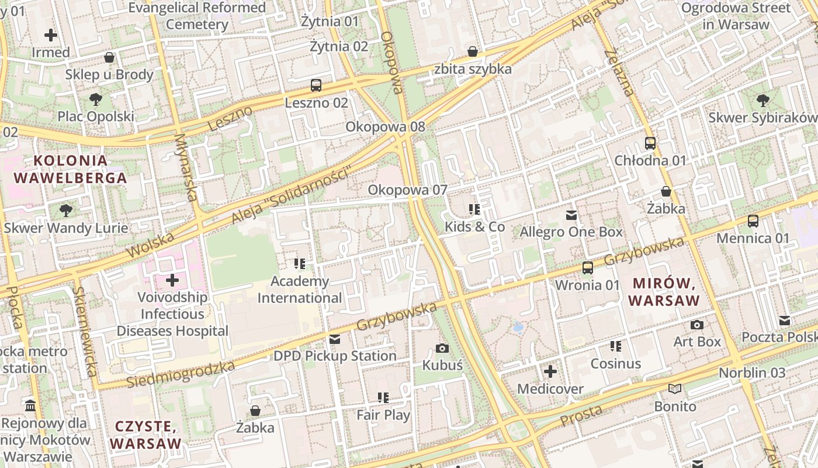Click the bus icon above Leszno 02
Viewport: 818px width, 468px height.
pyautogui.click(x=316, y=85)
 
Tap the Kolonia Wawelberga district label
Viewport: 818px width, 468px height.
pyautogui.click(x=71, y=169)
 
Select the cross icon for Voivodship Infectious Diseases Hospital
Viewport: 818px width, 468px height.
pyautogui.click(x=172, y=280)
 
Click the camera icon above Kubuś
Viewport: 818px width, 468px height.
pyautogui.click(x=442, y=349)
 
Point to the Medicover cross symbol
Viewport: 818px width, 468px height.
pyautogui.click(x=550, y=371)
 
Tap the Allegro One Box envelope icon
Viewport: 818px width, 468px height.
pyautogui.click(x=571, y=215)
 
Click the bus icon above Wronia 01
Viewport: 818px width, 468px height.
pyautogui.click(x=588, y=268)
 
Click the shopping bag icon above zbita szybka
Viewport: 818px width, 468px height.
pyautogui.click(x=472, y=52)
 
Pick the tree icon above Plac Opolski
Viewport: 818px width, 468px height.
pyautogui.click(x=96, y=99)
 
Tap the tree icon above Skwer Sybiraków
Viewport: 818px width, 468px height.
pyautogui.click(x=762, y=101)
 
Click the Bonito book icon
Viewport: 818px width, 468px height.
pyautogui.click(x=675, y=389)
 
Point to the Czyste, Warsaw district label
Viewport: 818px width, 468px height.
pyautogui.click(x=145, y=435)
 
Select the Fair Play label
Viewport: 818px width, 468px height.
pyautogui.click(x=383, y=415)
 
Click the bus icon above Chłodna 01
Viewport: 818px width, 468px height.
pyautogui.click(x=650, y=143)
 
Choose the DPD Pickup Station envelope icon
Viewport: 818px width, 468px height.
pyautogui.click(x=335, y=339)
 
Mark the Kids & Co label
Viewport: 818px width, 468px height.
pyautogui.click(x=474, y=226)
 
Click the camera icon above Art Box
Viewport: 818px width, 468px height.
pyautogui.click(x=696, y=325)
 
